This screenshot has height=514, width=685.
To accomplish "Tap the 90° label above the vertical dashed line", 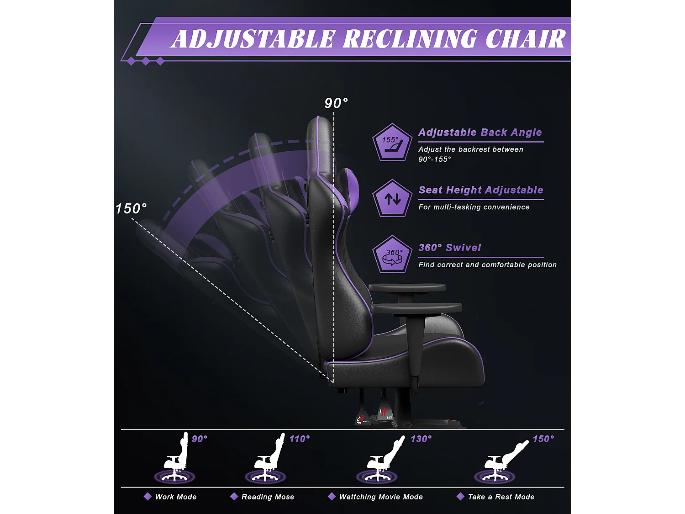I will [x=336, y=103].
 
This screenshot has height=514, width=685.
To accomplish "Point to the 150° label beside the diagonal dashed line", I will [x=131, y=209].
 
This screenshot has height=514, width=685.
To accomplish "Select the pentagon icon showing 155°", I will [x=392, y=143].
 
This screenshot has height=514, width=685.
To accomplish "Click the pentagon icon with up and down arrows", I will [x=392, y=199].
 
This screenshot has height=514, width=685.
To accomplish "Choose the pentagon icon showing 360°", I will [x=392, y=255].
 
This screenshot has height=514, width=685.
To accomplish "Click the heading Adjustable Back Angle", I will [x=480, y=132].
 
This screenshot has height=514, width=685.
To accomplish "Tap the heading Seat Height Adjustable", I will [x=481, y=190].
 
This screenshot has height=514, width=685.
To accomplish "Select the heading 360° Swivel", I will [x=450, y=248].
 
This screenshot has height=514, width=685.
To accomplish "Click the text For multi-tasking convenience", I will [x=474, y=207].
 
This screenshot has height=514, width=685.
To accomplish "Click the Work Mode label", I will [x=176, y=497].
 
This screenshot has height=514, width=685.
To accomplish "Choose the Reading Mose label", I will [x=268, y=497].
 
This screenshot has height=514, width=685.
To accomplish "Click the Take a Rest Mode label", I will [x=501, y=497].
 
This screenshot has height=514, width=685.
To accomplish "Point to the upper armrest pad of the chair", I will [x=406, y=287].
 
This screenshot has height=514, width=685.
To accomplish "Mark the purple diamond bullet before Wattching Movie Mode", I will [x=332, y=497].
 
